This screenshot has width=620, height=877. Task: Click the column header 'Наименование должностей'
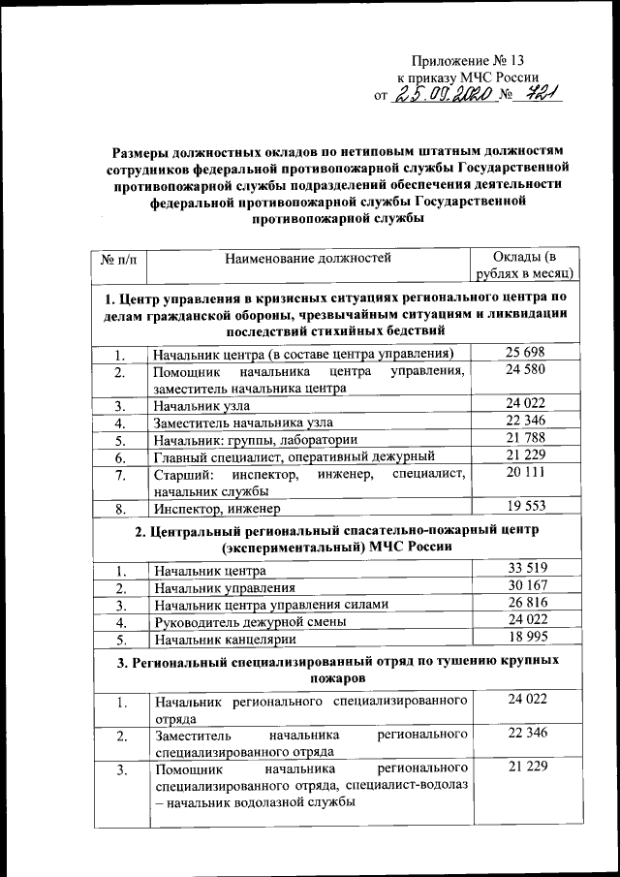[307, 258]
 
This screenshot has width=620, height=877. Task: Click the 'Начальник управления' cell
[225, 587]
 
